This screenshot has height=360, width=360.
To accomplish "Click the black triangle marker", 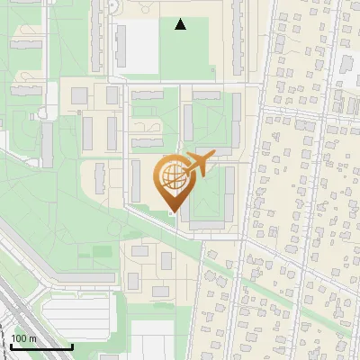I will (181, 24).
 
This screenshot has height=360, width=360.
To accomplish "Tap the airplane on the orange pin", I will (199, 165).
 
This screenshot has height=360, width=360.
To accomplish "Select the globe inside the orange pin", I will (171, 178).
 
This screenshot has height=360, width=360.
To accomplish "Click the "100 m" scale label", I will (23, 338).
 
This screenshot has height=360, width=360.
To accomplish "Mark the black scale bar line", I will (40, 346).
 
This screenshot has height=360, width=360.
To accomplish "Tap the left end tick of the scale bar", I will (10, 344).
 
